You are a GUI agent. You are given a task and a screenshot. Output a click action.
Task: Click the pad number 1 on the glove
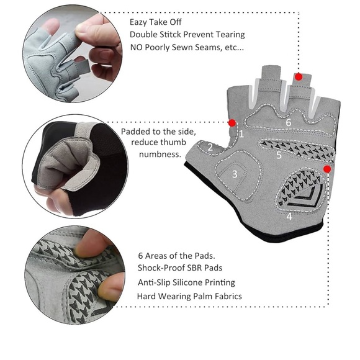point(242,133)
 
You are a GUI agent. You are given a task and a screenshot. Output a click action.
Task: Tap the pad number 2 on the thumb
point(210,147)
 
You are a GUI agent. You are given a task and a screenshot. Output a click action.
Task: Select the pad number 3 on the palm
point(235,174)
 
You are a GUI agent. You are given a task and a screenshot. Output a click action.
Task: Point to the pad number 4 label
point(289,217)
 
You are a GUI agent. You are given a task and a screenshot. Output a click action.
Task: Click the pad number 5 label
point(279,155)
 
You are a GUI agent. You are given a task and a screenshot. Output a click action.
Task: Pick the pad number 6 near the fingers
point(288,123)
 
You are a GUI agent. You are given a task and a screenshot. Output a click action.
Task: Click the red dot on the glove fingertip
point(299,77)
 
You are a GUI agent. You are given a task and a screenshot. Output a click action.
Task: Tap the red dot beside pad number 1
point(232,122)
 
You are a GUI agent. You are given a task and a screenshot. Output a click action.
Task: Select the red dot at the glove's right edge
point(327,168)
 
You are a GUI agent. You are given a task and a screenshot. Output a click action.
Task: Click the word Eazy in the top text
point(140,21)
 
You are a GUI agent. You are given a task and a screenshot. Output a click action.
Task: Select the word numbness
point(160,153)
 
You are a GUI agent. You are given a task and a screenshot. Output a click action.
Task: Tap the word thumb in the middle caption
point(169,143)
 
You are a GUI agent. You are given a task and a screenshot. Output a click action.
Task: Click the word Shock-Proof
point(161,268)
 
